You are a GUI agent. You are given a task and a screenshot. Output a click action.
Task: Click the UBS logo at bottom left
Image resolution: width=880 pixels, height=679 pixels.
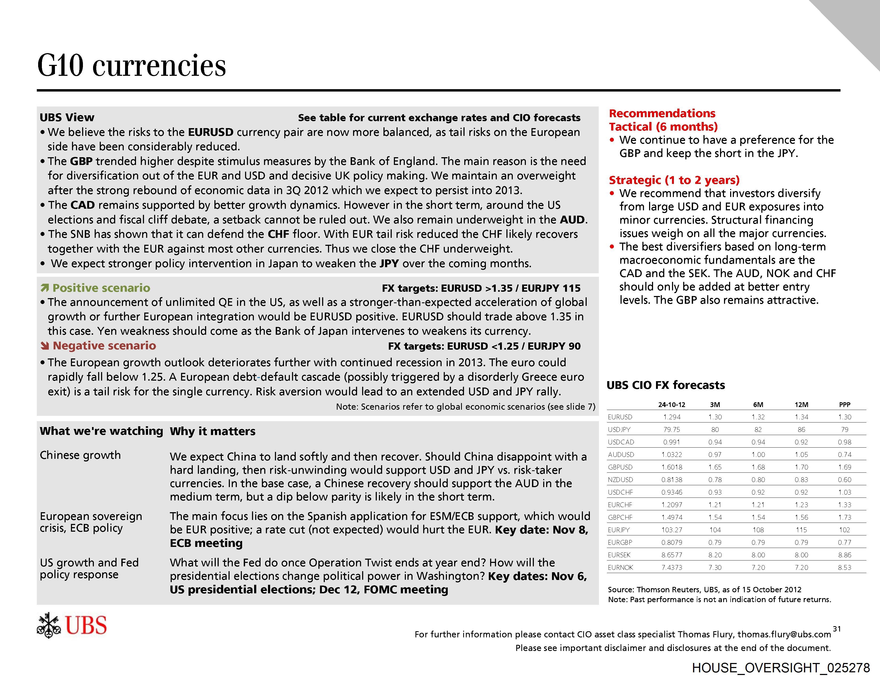point(72,625)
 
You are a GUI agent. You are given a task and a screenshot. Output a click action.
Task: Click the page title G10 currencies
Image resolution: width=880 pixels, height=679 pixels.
point(131,65)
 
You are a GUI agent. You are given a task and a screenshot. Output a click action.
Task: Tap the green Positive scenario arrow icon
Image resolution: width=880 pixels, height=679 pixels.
point(45,288)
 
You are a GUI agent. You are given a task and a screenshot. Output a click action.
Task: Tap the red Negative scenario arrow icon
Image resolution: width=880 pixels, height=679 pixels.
point(45,346)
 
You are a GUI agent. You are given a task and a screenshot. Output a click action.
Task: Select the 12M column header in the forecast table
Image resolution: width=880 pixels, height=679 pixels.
point(801,404)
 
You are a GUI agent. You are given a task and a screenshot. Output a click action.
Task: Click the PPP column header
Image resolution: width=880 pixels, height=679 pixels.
point(845,404)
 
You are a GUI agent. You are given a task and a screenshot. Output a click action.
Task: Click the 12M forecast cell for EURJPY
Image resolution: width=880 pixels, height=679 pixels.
point(801,530)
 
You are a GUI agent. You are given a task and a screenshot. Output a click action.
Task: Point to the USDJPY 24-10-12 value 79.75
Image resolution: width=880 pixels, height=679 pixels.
point(672,429)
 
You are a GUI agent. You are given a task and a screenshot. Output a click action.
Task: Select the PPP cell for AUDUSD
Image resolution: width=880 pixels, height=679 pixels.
point(845,455)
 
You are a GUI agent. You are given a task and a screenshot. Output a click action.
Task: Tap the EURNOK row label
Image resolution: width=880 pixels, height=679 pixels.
point(621,567)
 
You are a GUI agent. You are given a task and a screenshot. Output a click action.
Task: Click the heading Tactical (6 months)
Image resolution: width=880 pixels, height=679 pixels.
point(663,127)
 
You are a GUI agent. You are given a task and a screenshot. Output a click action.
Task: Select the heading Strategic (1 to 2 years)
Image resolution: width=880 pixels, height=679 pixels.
point(674,180)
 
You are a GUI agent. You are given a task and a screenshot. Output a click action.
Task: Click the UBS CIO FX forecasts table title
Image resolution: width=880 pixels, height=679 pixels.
point(666,385)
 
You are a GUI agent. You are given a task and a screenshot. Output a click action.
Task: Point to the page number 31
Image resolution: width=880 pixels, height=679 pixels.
point(837,629)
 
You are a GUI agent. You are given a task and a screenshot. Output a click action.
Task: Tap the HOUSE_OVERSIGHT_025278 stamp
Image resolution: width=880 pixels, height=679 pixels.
point(781,668)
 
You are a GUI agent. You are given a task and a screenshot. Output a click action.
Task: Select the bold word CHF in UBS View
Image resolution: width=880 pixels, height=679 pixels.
point(278,234)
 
